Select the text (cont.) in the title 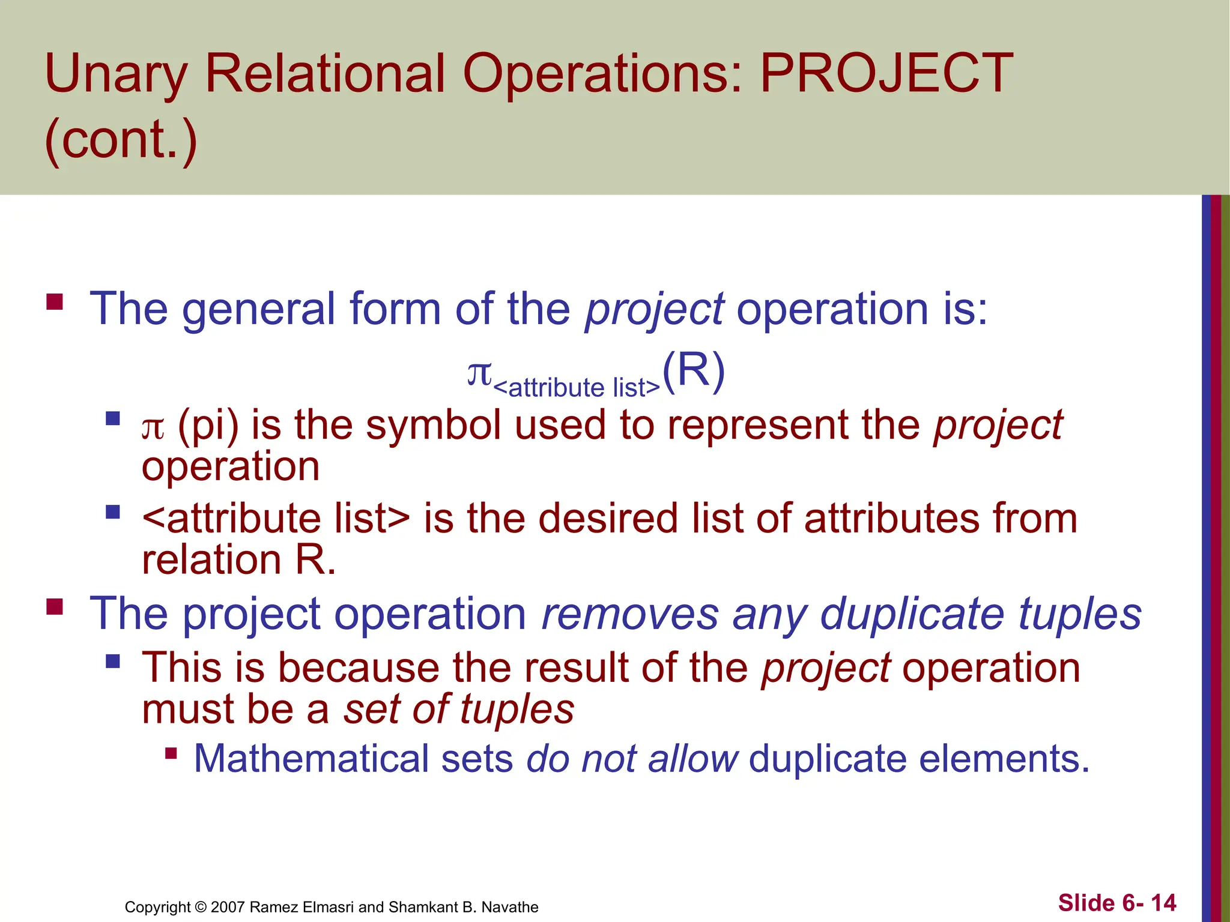[x=121, y=139]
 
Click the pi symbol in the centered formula [x=479, y=373]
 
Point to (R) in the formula [x=694, y=372]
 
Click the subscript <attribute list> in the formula [x=576, y=388]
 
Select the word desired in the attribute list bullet [x=608, y=519]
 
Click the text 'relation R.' [x=238, y=559]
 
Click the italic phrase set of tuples [x=458, y=709]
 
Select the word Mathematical [x=311, y=758]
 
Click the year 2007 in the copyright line [x=228, y=907]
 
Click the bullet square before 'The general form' [x=55, y=301]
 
